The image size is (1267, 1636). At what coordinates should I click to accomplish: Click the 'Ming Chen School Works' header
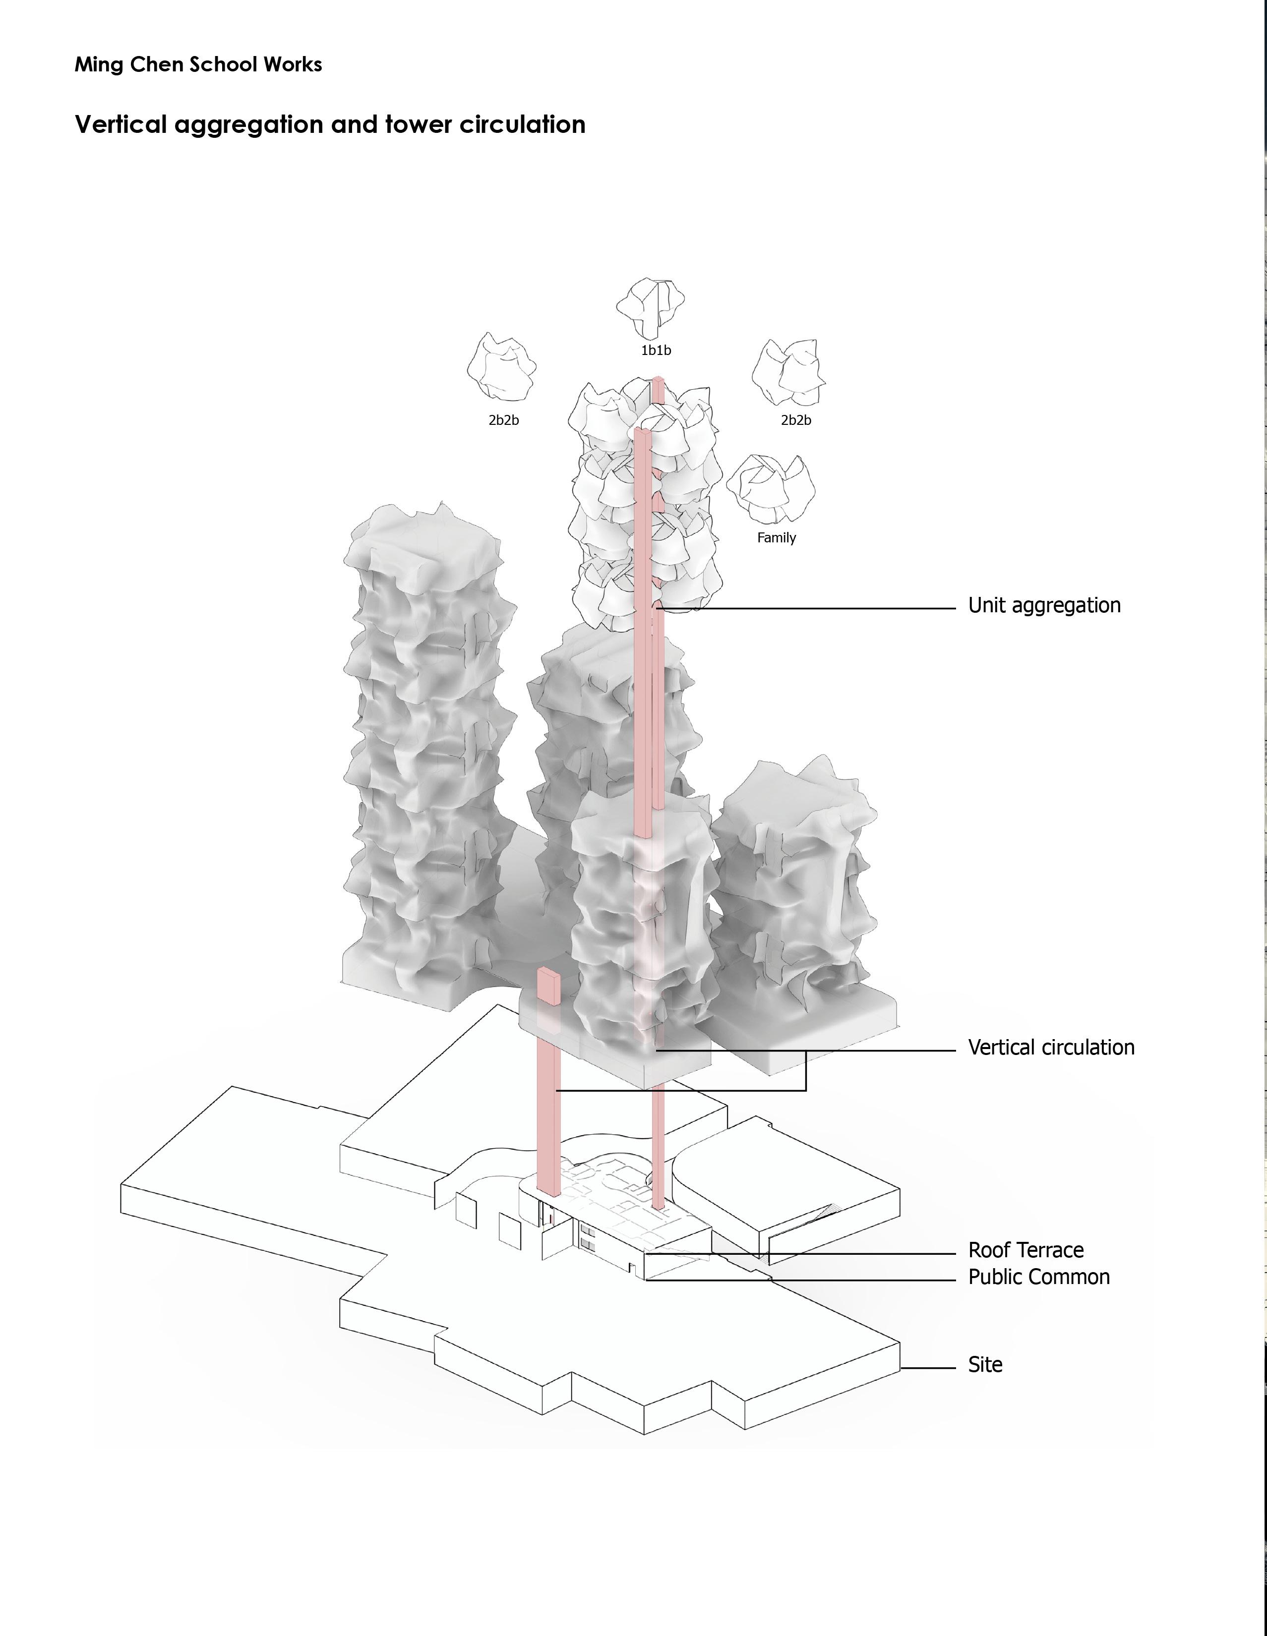tap(198, 64)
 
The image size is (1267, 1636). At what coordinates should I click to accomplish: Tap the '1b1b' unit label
tap(656, 350)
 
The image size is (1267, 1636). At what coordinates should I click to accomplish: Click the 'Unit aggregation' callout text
tap(1044, 605)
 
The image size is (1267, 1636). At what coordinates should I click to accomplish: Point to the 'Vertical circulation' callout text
tap(1050, 1047)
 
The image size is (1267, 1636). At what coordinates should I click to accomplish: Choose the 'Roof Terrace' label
tap(1025, 1250)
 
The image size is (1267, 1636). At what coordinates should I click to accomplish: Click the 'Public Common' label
tap(1038, 1277)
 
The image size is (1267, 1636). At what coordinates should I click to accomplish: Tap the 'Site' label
tap(984, 1365)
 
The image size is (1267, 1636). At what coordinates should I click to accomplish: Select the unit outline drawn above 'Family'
tap(770, 488)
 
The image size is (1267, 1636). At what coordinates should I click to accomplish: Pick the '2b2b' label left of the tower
tap(503, 420)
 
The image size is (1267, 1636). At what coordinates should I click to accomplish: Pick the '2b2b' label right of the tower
tap(796, 420)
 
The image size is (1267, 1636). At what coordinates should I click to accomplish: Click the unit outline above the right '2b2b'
tap(788, 371)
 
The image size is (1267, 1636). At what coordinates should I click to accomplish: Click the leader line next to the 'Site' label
tap(928, 1368)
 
